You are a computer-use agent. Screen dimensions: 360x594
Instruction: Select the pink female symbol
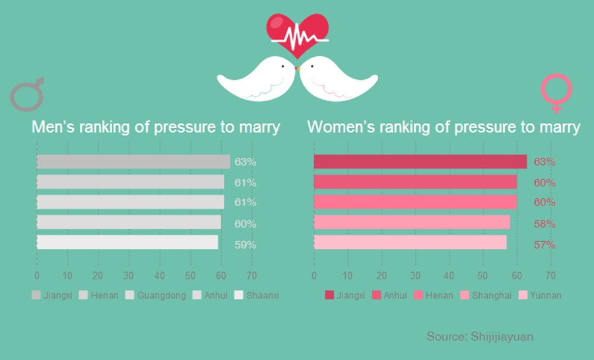click(x=556, y=93)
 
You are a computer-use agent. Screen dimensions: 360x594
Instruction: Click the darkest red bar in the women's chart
click(x=420, y=162)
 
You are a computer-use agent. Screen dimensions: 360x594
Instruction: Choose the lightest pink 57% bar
click(x=410, y=243)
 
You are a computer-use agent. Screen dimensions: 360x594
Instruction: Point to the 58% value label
click(x=544, y=224)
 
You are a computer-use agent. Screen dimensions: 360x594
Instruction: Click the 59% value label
click(x=246, y=244)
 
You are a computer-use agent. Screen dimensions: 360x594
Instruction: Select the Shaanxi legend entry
click(x=257, y=295)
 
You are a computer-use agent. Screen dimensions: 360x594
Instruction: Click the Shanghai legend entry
click(x=486, y=295)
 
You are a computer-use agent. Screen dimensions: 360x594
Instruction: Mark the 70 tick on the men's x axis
click(x=251, y=275)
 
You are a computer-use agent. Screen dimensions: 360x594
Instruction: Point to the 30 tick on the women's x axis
click(x=415, y=275)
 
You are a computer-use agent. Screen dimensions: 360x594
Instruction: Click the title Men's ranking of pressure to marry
click(x=156, y=127)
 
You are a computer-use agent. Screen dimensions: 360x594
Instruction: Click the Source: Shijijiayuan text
click(x=480, y=336)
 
